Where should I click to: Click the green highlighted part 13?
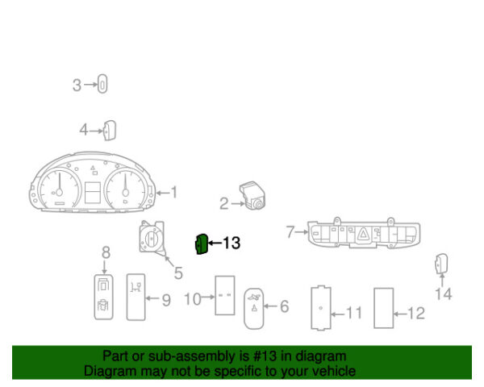point(202,244)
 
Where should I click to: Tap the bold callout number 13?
point(232,243)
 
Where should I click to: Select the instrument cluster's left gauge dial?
point(59,189)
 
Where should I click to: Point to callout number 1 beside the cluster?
point(174,192)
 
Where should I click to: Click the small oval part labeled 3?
point(102,84)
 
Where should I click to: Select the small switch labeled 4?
point(109,131)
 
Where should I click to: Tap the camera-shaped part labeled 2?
point(252,195)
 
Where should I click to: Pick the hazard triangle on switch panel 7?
point(364,234)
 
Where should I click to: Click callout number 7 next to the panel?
point(290,231)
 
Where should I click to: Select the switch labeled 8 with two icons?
point(104,298)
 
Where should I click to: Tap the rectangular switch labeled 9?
point(136,297)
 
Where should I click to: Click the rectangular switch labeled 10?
point(225,295)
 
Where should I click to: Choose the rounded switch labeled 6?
point(254,309)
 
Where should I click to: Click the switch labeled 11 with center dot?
point(321,308)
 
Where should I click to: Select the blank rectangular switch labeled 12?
point(384,308)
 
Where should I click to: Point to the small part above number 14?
point(441,264)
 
